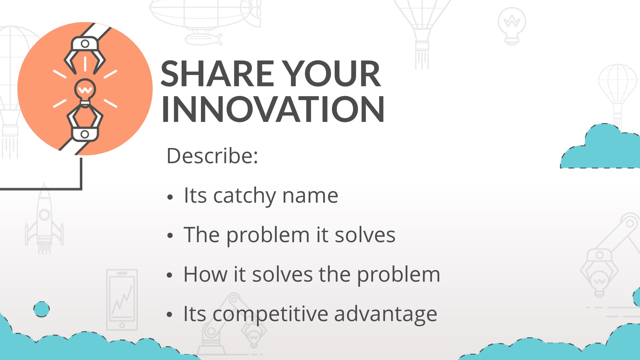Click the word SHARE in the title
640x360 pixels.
coord(218,74)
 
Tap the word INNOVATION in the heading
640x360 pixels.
coord(273,109)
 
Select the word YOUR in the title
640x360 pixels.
coord(332,74)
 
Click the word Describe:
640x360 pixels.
coord(212,156)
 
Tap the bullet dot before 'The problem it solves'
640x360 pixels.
coord(170,236)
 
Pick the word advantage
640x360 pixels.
coord(385,314)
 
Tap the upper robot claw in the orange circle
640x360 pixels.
coord(85,53)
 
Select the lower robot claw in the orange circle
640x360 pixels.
coord(85,125)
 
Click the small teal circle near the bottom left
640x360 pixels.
coord(42,309)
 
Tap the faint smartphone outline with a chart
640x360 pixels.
coord(122,300)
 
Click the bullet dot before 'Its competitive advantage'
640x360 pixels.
coord(170,315)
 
